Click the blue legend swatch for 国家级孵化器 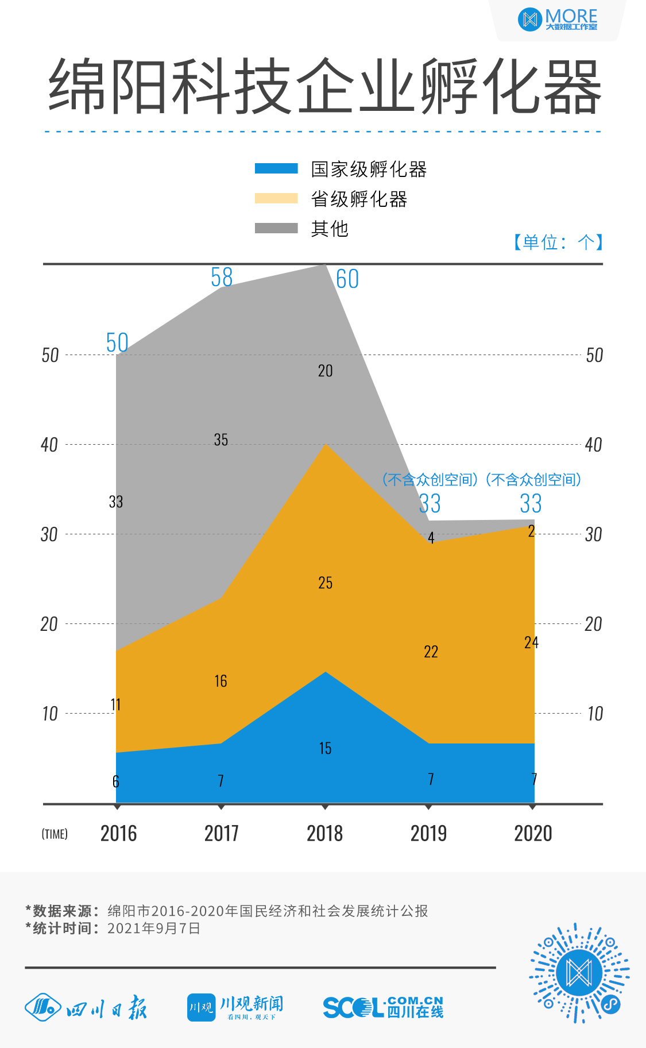tap(276, 168)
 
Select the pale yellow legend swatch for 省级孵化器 tap(276, 198)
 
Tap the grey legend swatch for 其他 tap(276, 228)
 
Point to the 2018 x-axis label tap(324, 833)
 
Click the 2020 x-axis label tap(533, 833)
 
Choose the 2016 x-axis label tap(118, 833)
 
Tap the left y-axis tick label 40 tap(49, 445)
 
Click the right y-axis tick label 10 tap(594, 714)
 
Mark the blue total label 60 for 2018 tap(347, 279)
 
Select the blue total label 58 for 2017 tap(222, 278)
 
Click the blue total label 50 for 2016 tap(117, 343)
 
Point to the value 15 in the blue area tap(325, 748)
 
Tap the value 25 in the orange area tap(325, 583)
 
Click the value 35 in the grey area tap(221, 440)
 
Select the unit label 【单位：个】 tap(557, 242)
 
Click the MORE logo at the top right tap(558, 20)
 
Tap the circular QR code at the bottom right tap(579, 973)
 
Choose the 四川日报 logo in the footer tap(86, 1008)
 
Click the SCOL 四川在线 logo tap(383, 1007)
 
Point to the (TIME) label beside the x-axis tap(55, 834)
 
